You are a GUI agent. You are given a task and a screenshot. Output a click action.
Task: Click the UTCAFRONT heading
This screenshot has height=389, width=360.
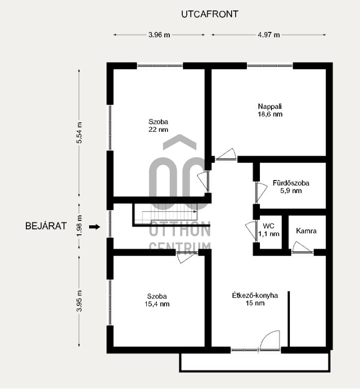tap(210, 14)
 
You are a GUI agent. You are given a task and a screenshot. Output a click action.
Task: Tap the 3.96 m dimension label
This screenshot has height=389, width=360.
tap(159, 35)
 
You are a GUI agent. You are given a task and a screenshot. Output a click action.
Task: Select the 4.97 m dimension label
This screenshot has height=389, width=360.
tap(269, 35)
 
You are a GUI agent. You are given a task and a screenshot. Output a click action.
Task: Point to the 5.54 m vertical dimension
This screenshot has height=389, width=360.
tap(79, 133)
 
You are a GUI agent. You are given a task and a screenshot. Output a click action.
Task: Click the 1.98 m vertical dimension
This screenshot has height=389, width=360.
tap(79, 226)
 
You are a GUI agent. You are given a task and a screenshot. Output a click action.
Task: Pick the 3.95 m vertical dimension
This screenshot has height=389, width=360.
tap(79, 301)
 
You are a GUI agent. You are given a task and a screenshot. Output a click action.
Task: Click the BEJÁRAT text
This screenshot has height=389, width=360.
tap(46, 226)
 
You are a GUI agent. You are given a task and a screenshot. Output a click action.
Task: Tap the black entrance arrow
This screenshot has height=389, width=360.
tap(95, 226)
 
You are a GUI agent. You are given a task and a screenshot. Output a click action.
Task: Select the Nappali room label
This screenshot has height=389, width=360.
tap(270, 106)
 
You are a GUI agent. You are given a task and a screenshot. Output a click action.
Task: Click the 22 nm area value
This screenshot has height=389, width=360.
tap(158, 129)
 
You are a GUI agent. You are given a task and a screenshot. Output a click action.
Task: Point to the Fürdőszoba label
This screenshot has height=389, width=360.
tap(291, 183)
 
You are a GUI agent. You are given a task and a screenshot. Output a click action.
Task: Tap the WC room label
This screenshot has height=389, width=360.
tap(269, 226)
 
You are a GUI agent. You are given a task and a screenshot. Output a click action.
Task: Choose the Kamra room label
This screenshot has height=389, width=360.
tap(306, 231)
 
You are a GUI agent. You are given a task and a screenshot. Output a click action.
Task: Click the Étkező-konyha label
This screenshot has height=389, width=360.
tap(255, 295)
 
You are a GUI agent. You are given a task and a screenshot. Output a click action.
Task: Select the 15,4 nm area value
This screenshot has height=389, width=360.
tap(157, 304)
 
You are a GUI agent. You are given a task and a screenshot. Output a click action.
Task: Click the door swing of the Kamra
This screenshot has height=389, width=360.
tap(302, 247)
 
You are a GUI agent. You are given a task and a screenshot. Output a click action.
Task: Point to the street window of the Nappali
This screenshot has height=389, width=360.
tap(270, 66)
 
